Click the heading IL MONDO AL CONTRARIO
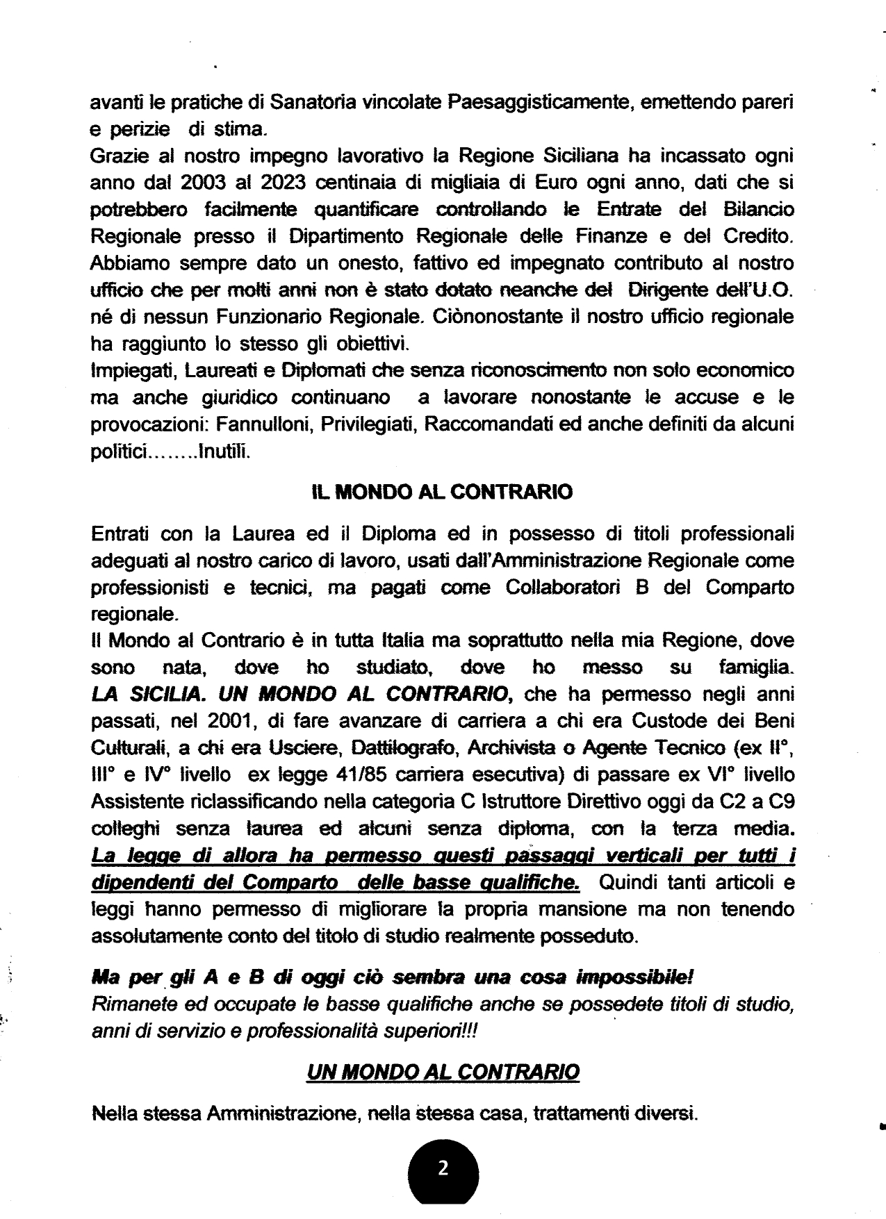[442, 492]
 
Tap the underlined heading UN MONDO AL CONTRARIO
[443, 1072]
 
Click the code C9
[779, 802]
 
